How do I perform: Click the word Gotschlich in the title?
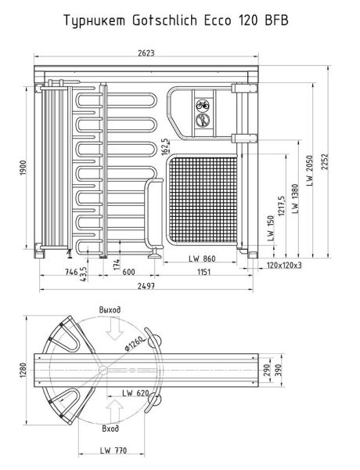coord(179,20)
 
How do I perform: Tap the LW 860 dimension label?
coord(201,258)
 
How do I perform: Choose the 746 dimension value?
coord(70,273)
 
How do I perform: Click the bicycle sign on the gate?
coord(203,103)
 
